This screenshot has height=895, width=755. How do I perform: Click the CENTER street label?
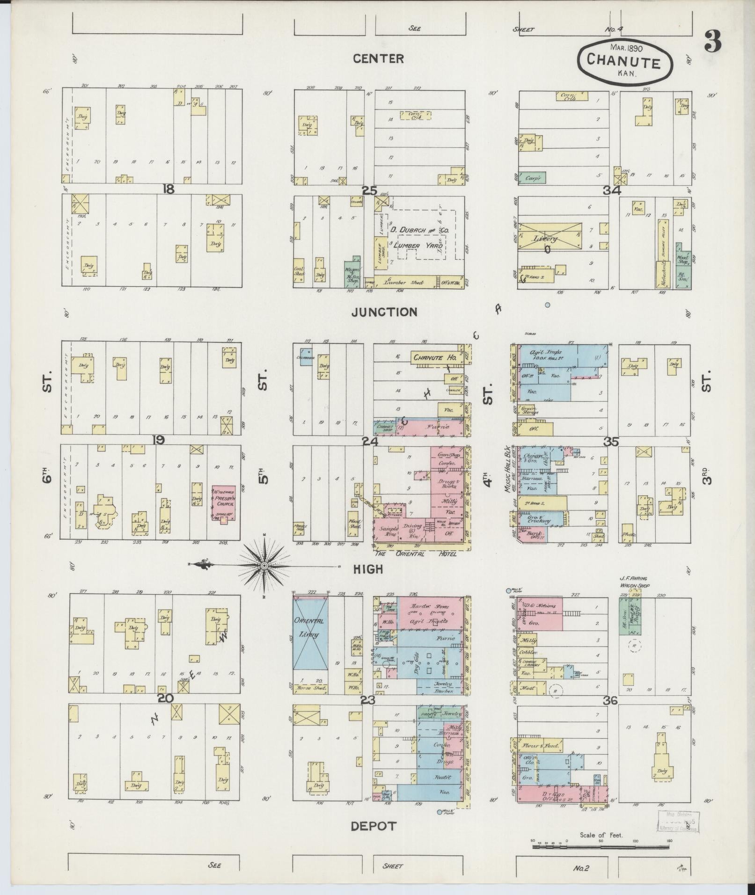coord(378,58)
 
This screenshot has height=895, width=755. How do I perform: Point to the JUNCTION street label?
coord(384,312)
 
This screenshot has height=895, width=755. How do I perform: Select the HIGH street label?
coord(368,569)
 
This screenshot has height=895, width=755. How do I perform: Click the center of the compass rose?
coord(264,566)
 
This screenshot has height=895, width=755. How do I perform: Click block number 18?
coord(168,189)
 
